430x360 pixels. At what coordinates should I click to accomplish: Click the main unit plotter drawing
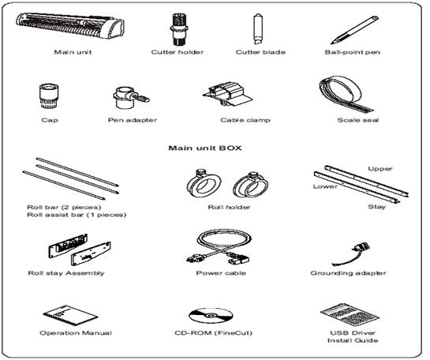coord(70,25)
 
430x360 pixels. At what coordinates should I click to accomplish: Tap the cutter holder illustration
coord(178,28)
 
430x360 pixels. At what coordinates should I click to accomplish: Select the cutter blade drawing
coord(258,28)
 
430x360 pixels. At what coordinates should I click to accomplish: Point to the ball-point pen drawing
coord(354,30)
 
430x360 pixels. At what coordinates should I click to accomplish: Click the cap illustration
coord(49,96)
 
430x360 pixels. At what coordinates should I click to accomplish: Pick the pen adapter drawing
coord(130,98)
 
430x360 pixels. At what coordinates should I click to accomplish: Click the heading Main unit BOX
coord(205,148)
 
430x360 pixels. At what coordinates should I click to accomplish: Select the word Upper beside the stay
coord(380,169)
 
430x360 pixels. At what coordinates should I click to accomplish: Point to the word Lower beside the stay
coord(325,186)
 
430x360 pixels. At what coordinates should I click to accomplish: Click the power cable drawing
coord(219,247)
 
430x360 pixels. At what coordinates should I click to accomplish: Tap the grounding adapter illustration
coord(352,253)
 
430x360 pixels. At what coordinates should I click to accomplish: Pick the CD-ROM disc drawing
coord(211,316)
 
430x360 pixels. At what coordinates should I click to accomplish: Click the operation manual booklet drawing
coord(70,314)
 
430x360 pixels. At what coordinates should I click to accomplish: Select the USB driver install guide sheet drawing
coord(350,314)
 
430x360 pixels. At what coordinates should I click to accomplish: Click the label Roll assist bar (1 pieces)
coord(77,215)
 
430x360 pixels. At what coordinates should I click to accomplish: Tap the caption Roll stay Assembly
coord(66,273)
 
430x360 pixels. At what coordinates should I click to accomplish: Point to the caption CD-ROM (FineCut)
coord(213,333)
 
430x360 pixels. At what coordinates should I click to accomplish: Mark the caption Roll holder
coord(229,207)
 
